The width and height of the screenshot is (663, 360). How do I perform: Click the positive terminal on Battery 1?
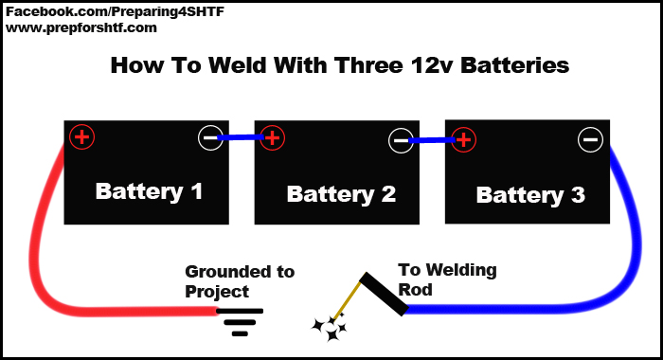[82, 137]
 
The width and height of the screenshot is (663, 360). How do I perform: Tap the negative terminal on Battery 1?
[210, 138]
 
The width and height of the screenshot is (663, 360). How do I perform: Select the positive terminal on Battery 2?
[273, 138]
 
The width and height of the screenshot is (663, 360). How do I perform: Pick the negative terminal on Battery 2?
[401, 140]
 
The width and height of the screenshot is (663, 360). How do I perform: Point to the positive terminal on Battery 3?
[463, 139]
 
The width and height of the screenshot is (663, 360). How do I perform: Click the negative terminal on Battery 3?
[590, 139]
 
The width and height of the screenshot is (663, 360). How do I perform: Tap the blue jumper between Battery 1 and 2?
[241, 137]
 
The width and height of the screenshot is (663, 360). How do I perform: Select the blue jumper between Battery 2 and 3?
[432, 140]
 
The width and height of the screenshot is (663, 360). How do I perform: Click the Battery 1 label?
[149, 191]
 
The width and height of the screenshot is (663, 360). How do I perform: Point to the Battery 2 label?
[341, 194]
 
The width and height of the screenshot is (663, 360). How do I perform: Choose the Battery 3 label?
[530, 195]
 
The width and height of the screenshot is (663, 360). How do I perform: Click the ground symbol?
[240, 322]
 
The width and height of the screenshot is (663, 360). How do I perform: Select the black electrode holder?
[384, 294]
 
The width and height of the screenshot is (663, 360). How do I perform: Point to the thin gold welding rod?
[347, 300]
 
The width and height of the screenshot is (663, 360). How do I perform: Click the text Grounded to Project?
[240, 281]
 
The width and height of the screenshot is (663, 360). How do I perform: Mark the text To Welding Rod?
[447, 280]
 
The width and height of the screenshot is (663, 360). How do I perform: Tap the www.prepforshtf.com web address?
[81, 28]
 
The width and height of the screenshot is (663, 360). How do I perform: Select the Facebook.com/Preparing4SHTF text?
[115, 12]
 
